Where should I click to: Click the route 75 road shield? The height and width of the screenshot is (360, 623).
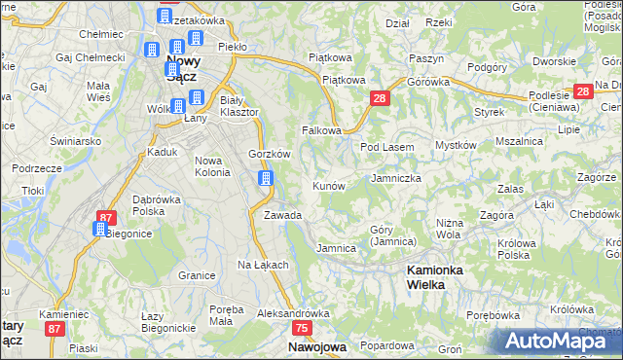point(302,329)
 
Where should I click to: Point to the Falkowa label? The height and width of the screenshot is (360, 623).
point(322,129)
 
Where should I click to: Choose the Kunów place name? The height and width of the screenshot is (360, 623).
point(328,185)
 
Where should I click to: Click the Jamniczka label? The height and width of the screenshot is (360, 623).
point(396,179)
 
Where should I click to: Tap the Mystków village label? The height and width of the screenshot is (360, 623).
point(455,145)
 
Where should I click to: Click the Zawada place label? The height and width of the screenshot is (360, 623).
point(282,215)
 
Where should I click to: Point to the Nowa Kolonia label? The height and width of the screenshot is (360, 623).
point(212,166)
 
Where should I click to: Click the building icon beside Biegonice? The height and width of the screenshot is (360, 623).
point(99,229)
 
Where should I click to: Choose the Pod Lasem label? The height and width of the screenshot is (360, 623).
point(387,147)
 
